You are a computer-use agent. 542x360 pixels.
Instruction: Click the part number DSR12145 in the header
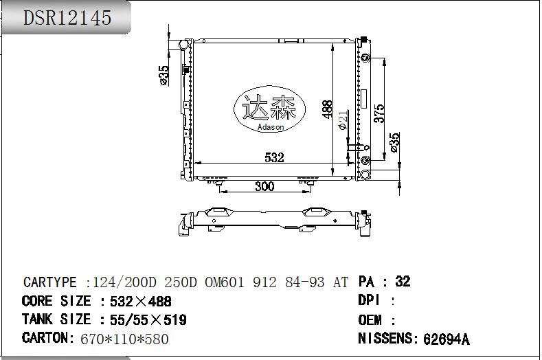(x=67, y=18)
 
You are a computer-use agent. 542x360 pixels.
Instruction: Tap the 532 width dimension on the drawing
(x=274, y=158)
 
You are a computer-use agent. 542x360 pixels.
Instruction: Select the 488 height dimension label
(x=327, y=109)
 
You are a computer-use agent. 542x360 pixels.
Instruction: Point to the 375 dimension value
(x=379, y=113)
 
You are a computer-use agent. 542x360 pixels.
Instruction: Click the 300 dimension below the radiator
(x=264, y=186)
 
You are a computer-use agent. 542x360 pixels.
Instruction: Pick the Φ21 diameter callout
(x=343, y=120)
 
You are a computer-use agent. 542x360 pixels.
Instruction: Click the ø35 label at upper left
(x=164, y=76)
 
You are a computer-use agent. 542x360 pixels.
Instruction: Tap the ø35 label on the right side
(x=394, y=142)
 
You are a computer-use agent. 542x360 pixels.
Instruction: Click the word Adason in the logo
(x=271, y=127)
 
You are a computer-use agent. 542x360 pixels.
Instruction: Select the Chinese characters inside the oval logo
(x=269, y=107)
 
